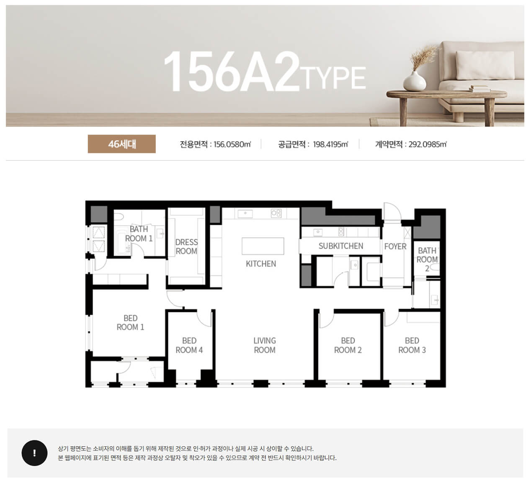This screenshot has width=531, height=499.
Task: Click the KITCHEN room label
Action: (x=261, y=264)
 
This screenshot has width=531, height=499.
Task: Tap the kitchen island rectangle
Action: (x=263, y=246)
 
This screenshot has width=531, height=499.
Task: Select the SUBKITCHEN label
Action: (x=340, y=246)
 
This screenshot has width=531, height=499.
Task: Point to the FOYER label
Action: (x=395, y=247)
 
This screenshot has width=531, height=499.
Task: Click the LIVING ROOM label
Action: (x=264, y=345)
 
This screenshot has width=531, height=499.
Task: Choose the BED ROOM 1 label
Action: (x=131, y=322)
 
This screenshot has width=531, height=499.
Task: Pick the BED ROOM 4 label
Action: (x=189, y=345)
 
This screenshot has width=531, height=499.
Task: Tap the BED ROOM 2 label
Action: (x=348, y=345)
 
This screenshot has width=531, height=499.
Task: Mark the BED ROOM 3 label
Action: (x=412, y=345)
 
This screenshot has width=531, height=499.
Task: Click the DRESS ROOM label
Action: (x=186, y=247)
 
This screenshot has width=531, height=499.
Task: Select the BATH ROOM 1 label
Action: (x=139, y=234)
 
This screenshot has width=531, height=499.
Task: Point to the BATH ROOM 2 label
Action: (x=427, y=259)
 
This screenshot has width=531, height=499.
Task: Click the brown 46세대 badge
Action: (x=122, y=144)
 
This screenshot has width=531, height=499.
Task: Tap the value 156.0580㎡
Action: (x=232, y=144)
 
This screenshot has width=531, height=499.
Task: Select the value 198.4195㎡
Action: (x=330, y=144)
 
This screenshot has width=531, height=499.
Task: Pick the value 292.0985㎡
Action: (x=428, y=144)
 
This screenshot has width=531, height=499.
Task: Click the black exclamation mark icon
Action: (x=34, y=453)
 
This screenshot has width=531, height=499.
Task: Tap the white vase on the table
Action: (x=415, y=81)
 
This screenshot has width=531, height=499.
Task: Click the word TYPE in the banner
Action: (x=333, y=78)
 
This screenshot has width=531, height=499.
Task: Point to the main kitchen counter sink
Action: (x=245, y=214)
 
